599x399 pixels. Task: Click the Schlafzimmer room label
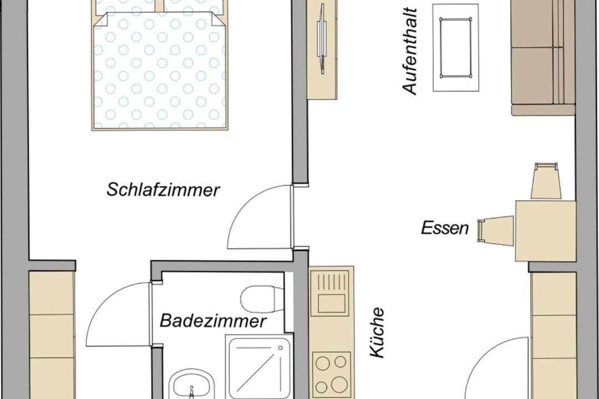coord(163,190)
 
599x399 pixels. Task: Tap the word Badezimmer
coord(212,320)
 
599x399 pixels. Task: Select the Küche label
coord(377,332)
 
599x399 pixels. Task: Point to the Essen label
coord(445,228)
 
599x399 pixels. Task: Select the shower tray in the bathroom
coord(260,366)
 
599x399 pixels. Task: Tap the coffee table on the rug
coord(455,48)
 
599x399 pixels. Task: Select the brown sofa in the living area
coord(543,58)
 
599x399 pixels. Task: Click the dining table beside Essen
coord(545,231)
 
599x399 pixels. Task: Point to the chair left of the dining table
coord(495,229)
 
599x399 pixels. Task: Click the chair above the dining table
coord(546,181)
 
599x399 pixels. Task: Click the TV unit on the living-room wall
coord(322,50)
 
